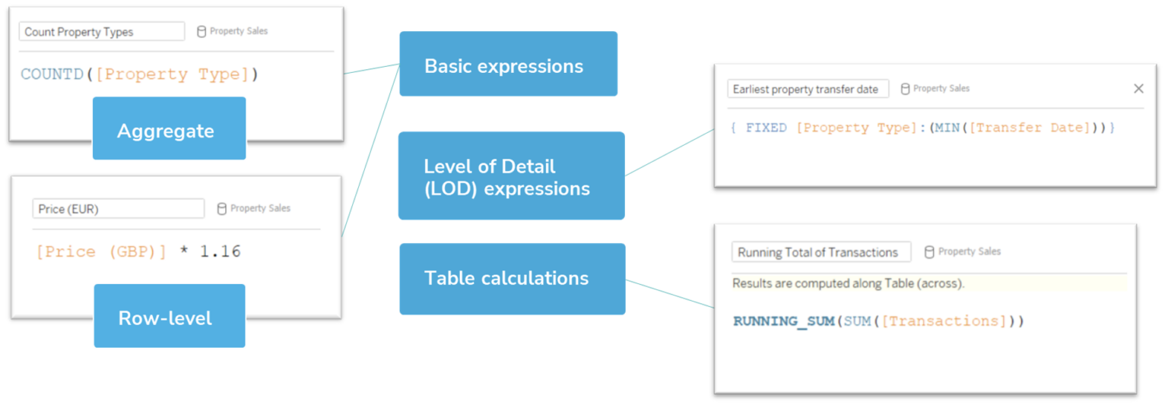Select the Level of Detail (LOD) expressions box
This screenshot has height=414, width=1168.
[511, 176]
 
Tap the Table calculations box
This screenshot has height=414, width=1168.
[512, 279]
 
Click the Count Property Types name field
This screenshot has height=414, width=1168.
[102, 32]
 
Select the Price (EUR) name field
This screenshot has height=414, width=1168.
[118, 209]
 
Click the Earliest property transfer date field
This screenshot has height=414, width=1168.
[808, 89]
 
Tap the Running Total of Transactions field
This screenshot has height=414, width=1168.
[820, 252]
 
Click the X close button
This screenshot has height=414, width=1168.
[1138, 89]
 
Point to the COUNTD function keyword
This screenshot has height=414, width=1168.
[52, 74]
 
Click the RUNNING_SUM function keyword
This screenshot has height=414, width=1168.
[784, 321]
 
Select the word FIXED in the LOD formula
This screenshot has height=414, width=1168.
[766, 128]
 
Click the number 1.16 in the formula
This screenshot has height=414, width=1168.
[220, 251]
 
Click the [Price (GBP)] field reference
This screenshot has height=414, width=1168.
[100, 251]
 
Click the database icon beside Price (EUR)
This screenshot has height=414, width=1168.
[221, 209]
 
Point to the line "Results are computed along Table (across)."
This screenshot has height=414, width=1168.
[848, 284]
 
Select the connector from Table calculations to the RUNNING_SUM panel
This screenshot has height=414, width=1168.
[669, 294]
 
